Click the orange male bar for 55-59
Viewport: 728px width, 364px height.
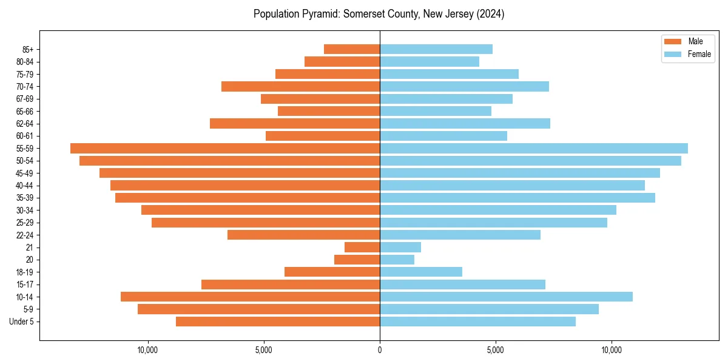click(225, 148)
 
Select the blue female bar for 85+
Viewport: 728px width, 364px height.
click(436, 49)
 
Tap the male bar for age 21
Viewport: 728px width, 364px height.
click(362, 247)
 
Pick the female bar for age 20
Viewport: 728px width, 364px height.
click(397, 260)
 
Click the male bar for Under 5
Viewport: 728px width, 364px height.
click(278, 322)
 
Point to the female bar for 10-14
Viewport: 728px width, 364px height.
click(506, 297)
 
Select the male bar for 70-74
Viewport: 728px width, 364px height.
click(300, 86)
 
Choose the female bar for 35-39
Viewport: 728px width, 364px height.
click(517, 198)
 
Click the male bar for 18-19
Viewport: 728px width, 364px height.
click(332, 272)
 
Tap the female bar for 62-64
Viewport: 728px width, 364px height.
click(465, 123)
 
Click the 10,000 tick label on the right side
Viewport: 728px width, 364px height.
click(612, 350)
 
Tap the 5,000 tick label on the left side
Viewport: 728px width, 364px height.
click(264, 350)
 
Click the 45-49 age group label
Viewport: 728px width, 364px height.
click(24, 173)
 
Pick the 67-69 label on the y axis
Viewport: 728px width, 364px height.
click(24, 99)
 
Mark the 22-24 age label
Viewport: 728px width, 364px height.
click(24, 235)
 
